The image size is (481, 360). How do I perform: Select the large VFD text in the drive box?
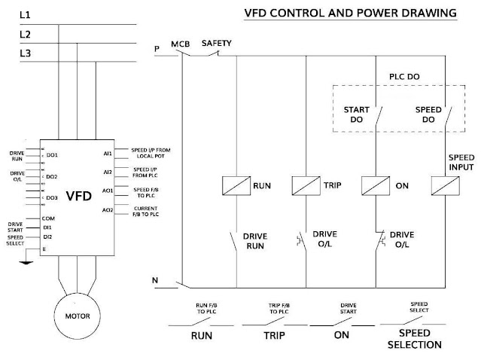pyautogui.click(x=79, y=196)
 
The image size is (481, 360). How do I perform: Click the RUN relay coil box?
pyautogui.click(x=236, y=185)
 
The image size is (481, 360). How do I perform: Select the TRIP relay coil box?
pyautogui.click(x=306, y=185)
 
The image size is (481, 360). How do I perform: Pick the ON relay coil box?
pyautogui.click(x=375, y=185)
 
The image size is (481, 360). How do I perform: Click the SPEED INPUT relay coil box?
pyautogui.click(x=443, y=185)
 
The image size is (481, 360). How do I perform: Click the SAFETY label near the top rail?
pyautogui.click(x=218, y=43)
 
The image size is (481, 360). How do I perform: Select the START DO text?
pyautogui.click(x=356, y=114)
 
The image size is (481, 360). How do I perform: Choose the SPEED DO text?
pyautogui.click(x=428, y=114)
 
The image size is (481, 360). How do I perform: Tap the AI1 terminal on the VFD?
pyautogui.click(x=108, y=154)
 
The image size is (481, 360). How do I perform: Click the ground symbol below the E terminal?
pyautogui.click(x=28, y=264)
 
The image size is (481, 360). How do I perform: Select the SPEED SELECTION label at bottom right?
pyautogui.click(x=415, y=339)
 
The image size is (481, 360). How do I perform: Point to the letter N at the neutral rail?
pyautogui.click(x=155, y=282)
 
